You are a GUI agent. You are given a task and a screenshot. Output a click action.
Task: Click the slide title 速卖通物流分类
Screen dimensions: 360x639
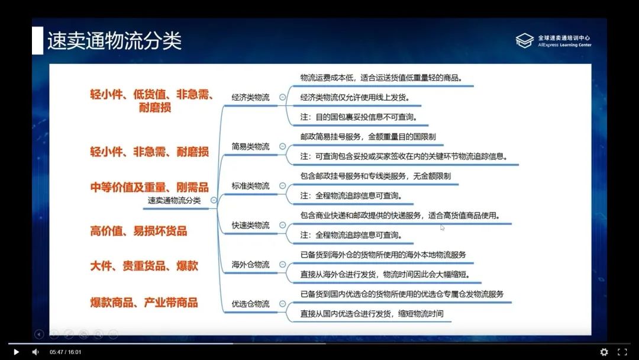pyautogui.click(x=114, y=41)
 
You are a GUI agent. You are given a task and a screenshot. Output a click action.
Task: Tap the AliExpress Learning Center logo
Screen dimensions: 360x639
pyautogui.click(x=553, y=41)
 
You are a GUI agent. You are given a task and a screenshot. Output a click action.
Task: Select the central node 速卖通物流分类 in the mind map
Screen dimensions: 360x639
pyautogui.click(x=174, y=200)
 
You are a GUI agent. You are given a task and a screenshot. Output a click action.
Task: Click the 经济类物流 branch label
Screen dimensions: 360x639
pyautogui.click(x=250, y=97)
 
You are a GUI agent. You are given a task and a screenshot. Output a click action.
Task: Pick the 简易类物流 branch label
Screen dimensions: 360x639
pyautogui.click(x=250, y=146)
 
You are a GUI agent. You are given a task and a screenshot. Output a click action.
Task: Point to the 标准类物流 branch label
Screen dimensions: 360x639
pyautogui.click(x=250, y=186)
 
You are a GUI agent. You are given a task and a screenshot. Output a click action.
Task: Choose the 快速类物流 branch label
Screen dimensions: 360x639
pyautogui.click(x=250, y=225)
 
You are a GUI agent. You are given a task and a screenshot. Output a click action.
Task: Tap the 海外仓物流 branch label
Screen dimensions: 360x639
pyautogui.click(x=250, y=264)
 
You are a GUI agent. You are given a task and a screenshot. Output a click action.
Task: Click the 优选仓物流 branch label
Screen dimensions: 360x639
pyautogui.click(x=250, y=304)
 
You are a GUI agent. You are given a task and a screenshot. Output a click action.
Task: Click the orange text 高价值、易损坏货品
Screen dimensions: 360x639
pyautogui.click(x=138, y=231)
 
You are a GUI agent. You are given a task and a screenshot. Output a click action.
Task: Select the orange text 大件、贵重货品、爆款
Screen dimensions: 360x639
pyautogui.click(x=144, y=266)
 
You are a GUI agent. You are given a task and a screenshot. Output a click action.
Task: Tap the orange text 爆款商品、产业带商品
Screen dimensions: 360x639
pyautogui.click(x=144, y=303)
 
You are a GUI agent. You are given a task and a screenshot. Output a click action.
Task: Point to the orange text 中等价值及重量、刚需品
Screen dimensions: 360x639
pyautogui.click(x=149, y=187)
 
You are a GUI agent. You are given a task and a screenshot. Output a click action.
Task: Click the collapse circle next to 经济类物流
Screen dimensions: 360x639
pyautogui.click(x=283, y=97)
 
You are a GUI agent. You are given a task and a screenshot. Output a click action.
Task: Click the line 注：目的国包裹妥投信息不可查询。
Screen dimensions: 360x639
pyautogui.click(x=359, y=117)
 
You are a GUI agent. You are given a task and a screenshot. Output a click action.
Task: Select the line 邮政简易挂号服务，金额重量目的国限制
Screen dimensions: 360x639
pyautogui.click(x=368, y=137)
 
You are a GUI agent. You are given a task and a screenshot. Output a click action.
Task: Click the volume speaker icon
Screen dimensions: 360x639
pyautogui.click(x=35, y=352)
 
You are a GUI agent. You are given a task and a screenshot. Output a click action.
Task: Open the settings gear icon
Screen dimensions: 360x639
pyautogui.click(x=604, y=352)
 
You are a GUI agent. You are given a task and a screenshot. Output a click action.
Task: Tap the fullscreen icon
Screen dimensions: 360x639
pyautogui.click(x=622, y=352)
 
